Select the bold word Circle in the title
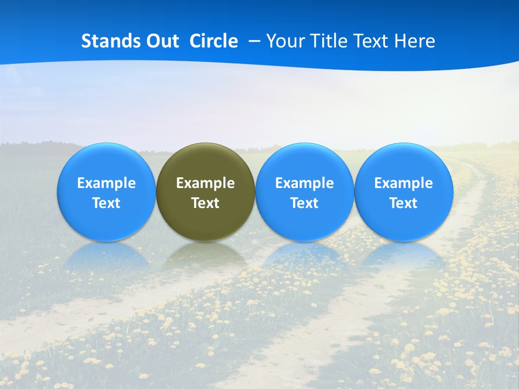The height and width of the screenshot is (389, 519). (x=214, y=41)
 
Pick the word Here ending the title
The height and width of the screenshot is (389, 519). (x=415, y=41)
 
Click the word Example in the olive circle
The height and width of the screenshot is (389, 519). (x=205, y=183)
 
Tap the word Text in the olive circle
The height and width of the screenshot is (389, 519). (x=205, y=203)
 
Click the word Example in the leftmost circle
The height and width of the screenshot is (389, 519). (x=107, y=183)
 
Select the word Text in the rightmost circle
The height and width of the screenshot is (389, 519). (x=404, y=203)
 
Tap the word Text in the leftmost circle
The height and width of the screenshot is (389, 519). (x=107, y=203)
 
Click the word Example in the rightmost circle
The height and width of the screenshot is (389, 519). (x=404, y=183)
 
